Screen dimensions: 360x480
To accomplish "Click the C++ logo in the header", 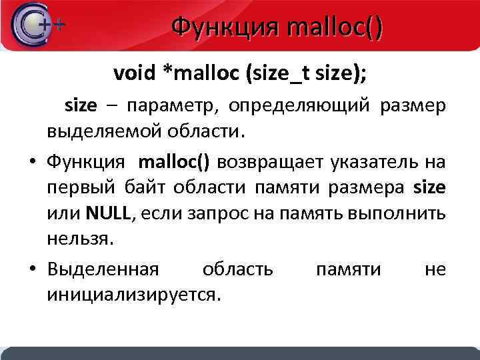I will (37, 25).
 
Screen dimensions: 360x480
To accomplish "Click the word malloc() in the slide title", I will (333, 28).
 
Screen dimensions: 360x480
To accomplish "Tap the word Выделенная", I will (103, 269).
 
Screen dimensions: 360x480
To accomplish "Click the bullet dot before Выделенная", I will (31, 269).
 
